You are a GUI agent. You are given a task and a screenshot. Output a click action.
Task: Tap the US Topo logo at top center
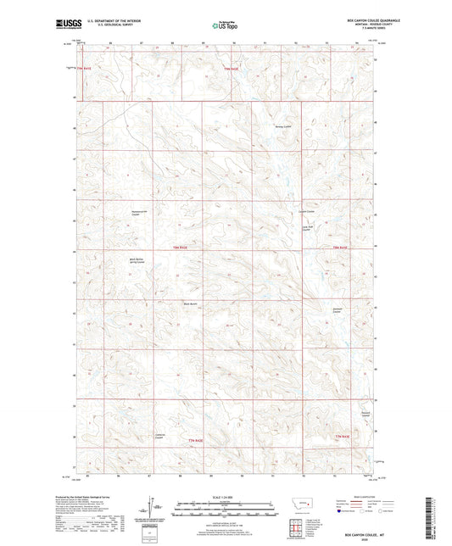coord(225,25)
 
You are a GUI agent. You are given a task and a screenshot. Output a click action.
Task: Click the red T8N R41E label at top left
coord(83,68)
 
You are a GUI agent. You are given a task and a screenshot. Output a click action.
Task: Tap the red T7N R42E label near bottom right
coord(340,436)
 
